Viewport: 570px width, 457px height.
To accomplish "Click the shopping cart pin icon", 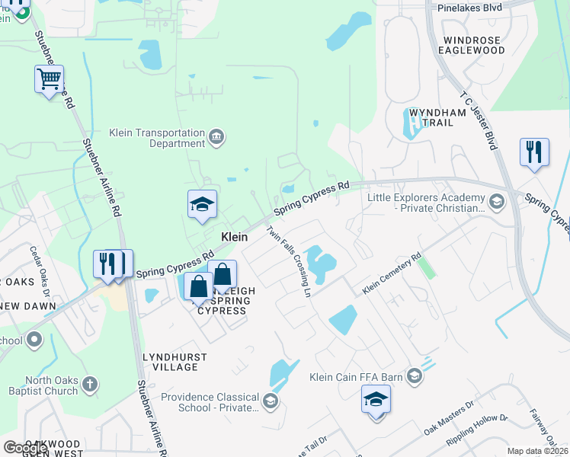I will [x=50, y=79].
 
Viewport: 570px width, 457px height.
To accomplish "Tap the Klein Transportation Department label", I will [x=158, y=137].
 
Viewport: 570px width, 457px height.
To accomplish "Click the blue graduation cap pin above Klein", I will [x=202, y=205].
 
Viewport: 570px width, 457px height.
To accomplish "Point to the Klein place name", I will [x=234, y=237].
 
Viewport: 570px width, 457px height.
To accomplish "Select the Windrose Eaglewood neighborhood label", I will [x=472, y=45].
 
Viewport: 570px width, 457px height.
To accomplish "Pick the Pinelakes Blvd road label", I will [x=470, y=8].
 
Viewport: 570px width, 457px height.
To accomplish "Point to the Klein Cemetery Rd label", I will [x=392, y=274].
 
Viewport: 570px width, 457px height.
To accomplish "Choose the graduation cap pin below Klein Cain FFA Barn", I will [x=376, y=400].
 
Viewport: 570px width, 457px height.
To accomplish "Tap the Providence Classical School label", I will [x=210, y=402].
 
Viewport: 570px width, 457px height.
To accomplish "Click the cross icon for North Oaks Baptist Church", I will [x=90, y=385].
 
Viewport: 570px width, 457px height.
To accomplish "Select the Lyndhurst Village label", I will [x=171, y=362].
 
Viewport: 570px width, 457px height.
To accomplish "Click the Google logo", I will [x=26, y=448].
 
